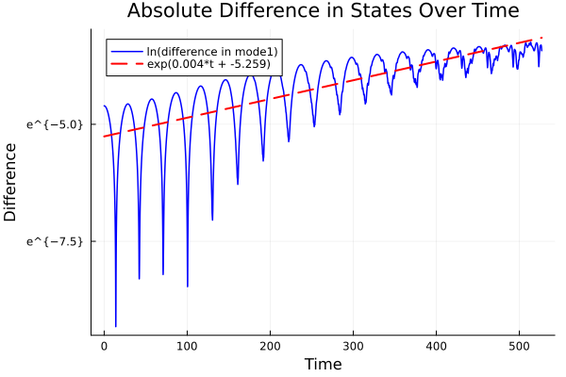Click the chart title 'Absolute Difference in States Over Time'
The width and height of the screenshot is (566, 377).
(x=323, y=11)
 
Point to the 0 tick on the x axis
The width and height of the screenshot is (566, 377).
(x=104, y=347)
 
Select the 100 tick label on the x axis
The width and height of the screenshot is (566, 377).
(x=187, y=347)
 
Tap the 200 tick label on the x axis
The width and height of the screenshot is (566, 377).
(x=270, y=347)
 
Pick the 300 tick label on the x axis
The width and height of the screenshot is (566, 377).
(x=353, y=347)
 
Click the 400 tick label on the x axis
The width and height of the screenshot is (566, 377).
(x=436, y=347)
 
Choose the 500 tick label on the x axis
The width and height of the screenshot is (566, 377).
(x=519, y=347)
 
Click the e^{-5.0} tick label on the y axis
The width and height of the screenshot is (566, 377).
(x=55, y=123)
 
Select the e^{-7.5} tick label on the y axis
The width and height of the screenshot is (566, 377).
(x=55, y=241)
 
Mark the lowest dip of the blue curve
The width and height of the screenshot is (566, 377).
(x=116, y=326)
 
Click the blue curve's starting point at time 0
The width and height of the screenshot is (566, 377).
(x=104, y=106)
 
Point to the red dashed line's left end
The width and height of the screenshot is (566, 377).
(x=104, y=137)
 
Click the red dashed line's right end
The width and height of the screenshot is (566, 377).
(x=541, y=38)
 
